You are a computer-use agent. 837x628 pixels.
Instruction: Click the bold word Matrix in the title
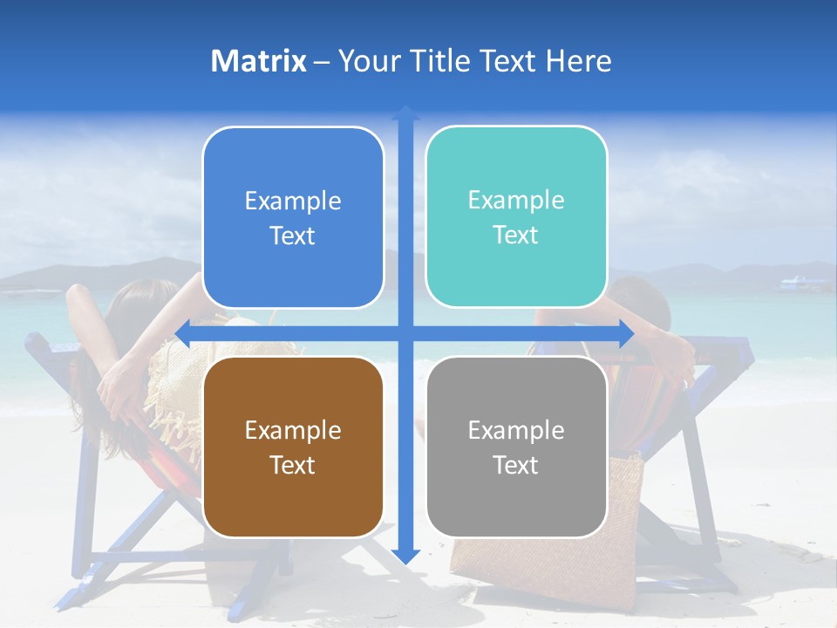coord(259,61)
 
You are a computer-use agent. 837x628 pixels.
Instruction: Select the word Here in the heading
coord(578,61)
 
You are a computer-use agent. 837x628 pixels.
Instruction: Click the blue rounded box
coord(293,218)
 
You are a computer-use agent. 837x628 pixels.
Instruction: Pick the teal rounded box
coord(516,217)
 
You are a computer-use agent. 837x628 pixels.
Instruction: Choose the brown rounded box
coord(293,447)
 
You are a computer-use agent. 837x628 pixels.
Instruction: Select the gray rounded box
coord(516,447)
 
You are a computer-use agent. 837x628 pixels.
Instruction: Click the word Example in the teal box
coord(516,200)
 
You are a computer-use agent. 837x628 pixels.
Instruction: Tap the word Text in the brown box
coord(293,465)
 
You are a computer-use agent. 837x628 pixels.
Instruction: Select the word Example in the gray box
coord(516,430)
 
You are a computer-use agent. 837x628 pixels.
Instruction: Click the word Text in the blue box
coord(293,236)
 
